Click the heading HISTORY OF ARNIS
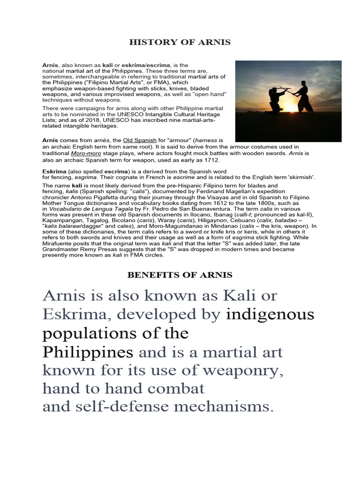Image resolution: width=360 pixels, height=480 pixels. [180, 43]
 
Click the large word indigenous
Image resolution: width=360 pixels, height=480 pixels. [270, 315]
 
